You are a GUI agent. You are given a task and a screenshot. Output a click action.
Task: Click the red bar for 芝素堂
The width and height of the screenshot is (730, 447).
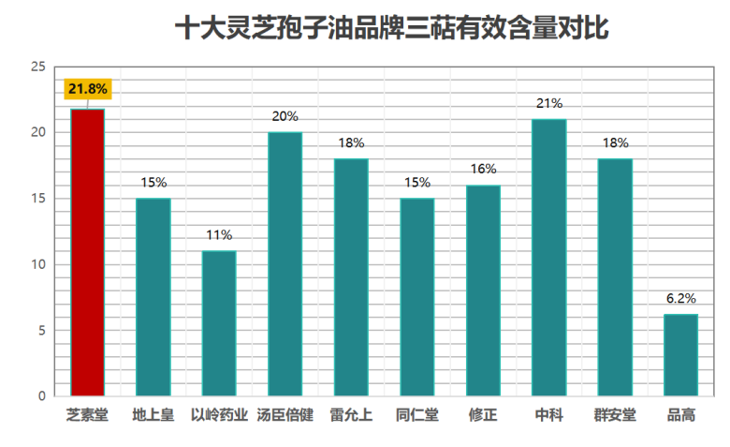[x=88, y=252]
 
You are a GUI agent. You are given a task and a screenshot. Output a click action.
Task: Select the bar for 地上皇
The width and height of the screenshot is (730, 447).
[x=153, y=297]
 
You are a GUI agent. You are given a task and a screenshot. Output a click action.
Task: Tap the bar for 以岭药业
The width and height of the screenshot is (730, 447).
[x=219, y=323]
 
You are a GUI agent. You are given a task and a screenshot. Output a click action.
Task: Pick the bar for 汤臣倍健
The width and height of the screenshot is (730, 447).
[x=285, y=264]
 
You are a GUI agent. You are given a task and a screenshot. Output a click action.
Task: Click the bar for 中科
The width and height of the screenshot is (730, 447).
[x=549, y=258]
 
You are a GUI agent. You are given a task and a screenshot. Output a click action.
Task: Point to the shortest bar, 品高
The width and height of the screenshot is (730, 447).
[x=681, y=355]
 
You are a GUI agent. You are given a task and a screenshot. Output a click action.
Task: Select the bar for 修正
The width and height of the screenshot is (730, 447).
[x=483, y=291]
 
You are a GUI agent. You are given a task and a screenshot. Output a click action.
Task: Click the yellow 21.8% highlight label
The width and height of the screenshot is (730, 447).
[x=88, y=89]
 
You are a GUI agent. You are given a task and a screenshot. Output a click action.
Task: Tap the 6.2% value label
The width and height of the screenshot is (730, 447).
[x=681, y=298]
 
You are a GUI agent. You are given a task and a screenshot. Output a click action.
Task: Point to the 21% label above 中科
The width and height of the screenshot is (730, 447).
[x=549, y=103]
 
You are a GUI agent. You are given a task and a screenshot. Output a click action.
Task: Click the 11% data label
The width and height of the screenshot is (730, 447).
[x=219, y=235]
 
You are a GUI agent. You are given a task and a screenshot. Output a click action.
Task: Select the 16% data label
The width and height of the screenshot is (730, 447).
[x=483, y=169]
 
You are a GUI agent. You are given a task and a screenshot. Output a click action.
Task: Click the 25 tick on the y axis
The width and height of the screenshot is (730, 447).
[x=38, y=67]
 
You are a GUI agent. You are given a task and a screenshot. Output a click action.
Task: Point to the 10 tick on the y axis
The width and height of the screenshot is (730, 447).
[x=38, y=264]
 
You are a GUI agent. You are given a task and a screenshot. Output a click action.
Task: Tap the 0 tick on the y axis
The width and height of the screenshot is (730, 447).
[x=42, y=396]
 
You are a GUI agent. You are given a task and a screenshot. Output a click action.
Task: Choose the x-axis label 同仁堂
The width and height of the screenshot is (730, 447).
[x=417, y=415]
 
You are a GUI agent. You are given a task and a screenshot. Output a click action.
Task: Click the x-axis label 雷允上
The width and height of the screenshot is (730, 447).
[x=351, y=415]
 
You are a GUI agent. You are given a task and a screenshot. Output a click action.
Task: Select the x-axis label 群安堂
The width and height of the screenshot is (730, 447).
[x=615, y=415]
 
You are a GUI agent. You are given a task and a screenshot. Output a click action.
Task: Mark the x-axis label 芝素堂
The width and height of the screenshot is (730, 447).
[x=88, y=415]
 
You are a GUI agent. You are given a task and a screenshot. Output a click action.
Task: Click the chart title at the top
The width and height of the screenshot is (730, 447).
[x=392, y=28]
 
